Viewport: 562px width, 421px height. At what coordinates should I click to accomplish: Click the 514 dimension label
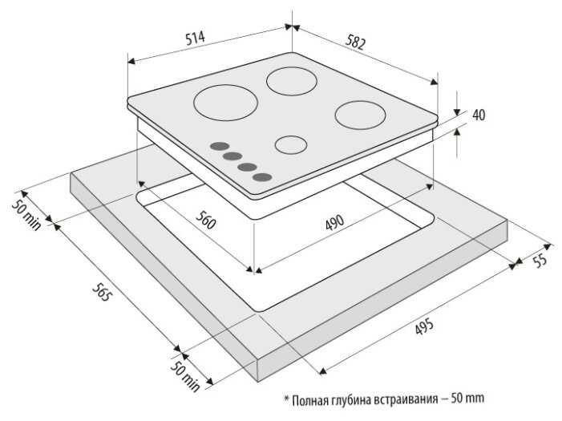[196, 38]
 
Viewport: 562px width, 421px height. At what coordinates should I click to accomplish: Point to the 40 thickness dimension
[478, 115]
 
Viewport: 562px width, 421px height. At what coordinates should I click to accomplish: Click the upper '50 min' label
[26, 211]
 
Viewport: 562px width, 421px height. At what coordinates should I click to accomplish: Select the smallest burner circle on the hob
[290, 145]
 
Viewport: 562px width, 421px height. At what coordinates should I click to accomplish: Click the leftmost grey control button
[217, 148]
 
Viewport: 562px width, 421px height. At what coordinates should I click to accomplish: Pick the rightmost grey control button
[261, 177]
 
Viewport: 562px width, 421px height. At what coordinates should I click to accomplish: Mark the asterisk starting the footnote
[285, 397]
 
